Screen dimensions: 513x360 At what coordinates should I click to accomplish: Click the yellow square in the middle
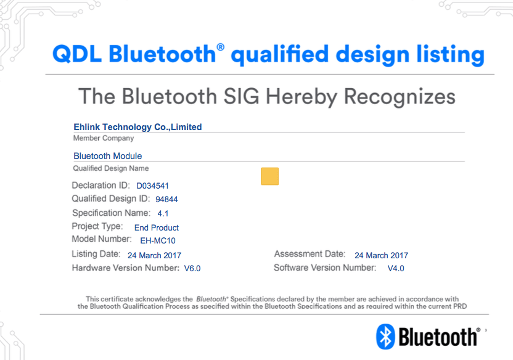click(x=269, y=176)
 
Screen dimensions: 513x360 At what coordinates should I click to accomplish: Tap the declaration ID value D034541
click(x=152, y=186)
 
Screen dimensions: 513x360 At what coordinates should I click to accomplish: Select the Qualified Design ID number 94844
click(x=166, y=199)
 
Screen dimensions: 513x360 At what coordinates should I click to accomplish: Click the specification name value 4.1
click(x=163, y=213)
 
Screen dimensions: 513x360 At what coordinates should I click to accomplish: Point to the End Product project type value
click(x=157, y=227)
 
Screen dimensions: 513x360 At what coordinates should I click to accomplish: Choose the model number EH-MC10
click(x=158, y=240)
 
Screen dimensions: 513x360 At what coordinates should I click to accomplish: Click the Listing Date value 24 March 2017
click(x=154, y=255)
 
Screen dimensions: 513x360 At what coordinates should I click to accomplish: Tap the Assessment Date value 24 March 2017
click(x=382, y=255)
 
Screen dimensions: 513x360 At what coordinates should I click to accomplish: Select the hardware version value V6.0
click(x=192, y=268)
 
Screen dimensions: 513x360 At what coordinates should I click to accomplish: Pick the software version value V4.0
click(x=396, y=268)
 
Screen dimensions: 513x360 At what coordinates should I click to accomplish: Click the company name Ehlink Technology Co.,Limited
click(x=137, y=127)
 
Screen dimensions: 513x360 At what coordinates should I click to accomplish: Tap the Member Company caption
click(x=104, y=138)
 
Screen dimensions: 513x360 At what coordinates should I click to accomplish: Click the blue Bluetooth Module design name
click(x=108, y=156)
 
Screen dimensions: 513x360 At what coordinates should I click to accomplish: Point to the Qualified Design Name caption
click(x=111, y=168)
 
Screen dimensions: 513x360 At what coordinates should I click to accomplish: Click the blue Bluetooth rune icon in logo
click(x=385, y=337)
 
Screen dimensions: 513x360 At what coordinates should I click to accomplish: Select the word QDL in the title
click(x=77, y=54)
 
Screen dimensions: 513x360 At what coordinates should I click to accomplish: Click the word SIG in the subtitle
click(x=241, y=96)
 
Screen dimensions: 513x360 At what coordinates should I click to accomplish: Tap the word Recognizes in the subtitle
click(x=400, y=97)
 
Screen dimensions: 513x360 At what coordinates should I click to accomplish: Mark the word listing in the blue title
click(x=451, y=55)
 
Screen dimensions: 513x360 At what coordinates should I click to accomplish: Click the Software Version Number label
click(x=325, y=268)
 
